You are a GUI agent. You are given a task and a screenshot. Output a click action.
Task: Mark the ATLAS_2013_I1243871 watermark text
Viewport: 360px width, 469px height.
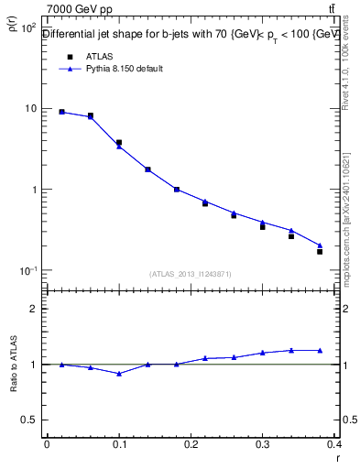pos(191,274)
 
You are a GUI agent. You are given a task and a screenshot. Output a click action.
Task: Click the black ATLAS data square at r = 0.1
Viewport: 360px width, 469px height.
pos(119,143)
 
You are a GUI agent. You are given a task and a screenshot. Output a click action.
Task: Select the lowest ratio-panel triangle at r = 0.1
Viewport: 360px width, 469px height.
pos(119,374)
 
